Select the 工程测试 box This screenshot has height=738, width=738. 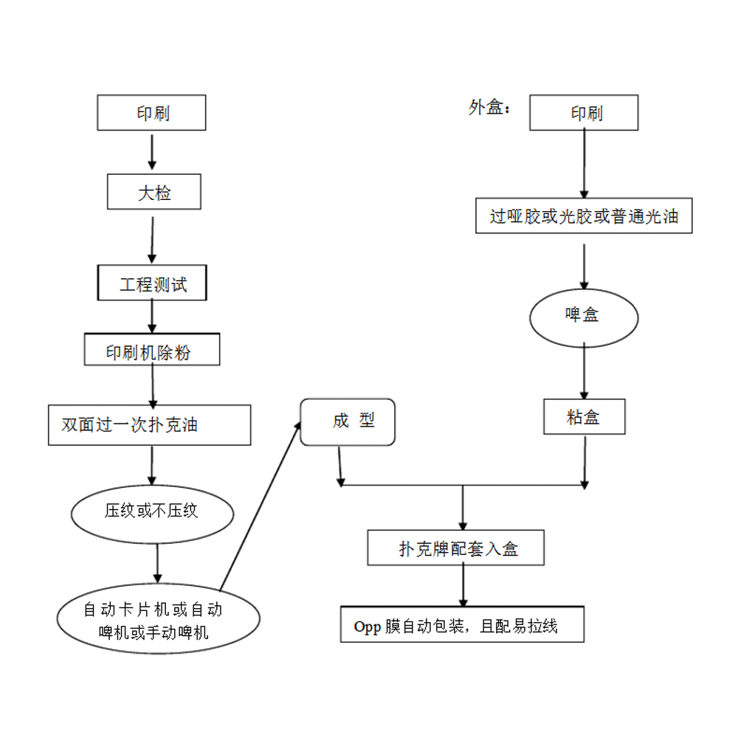(x=153, y=283)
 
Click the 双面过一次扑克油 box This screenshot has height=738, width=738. (x=150, y=425)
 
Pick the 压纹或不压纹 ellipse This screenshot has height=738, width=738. (x=153, y=510)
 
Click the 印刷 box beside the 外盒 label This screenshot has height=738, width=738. (x=584, y=113)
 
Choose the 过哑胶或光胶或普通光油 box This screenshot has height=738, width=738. (x=584, y=216)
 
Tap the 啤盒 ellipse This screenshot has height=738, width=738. (x=584, y=316)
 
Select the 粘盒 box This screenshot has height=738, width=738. (x=584, y=417)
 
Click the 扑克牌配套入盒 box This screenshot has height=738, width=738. (x=457, y=548)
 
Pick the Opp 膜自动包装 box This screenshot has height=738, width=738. (x=463, y=626)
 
